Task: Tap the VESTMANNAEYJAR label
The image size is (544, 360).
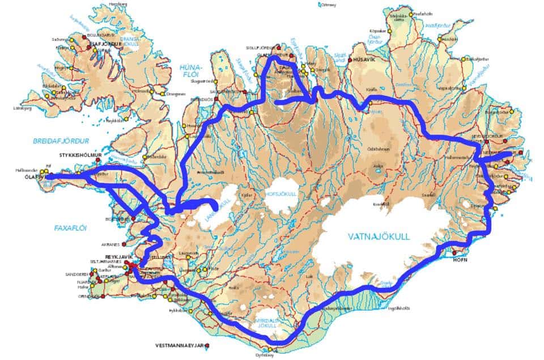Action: tap(179, 345)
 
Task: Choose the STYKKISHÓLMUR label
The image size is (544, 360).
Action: tap(83, 154)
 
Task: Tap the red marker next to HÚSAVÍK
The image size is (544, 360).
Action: tap(351, 60)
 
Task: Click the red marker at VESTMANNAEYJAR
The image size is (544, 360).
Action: tap(208, 345)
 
